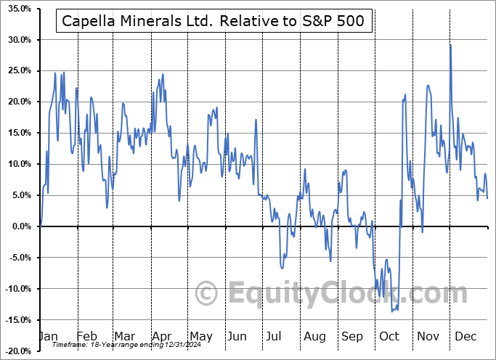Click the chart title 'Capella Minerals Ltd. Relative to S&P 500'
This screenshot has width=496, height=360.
[214, 22]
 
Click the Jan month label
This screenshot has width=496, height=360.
[48, 336]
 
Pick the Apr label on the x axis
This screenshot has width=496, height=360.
[160, 336]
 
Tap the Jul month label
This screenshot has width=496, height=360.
[273, 336]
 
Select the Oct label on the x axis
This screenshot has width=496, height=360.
[389, 336]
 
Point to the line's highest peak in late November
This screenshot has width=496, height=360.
[450, 45]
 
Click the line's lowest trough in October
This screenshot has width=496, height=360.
[393, 311]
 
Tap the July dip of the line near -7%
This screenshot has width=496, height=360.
[282, 268]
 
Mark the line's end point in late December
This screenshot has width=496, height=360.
[487, 198]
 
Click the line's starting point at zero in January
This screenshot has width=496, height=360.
[40, 226]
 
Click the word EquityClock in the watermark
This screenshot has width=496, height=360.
[349, 293]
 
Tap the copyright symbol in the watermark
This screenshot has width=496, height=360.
[207, 293]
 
